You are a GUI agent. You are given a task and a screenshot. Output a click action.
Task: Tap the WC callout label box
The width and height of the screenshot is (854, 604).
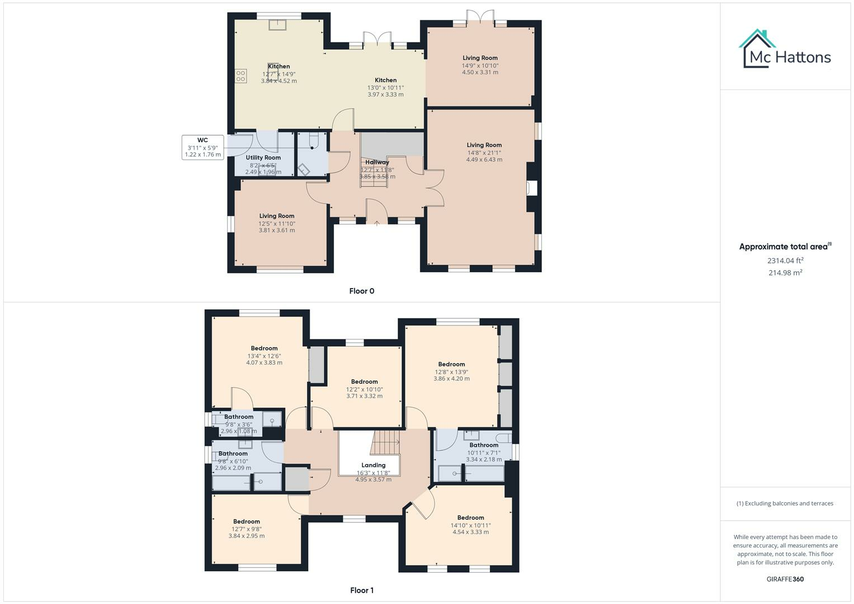[202, 147]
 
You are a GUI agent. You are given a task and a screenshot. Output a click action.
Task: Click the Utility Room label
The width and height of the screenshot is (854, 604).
[263, 158]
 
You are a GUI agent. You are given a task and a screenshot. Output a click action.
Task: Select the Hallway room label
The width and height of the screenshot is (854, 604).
[377, 162]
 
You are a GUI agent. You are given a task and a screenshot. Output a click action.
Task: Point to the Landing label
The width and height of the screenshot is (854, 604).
[373, 465]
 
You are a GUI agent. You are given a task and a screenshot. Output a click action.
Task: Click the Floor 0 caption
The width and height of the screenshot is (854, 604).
[361, 291]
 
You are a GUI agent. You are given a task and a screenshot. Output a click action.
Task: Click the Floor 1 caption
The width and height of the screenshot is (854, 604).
[361, 590]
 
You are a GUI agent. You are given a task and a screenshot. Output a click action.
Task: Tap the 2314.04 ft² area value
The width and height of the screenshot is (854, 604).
[785, 261]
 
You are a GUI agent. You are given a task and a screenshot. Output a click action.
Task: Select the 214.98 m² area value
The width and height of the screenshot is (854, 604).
[785, 273]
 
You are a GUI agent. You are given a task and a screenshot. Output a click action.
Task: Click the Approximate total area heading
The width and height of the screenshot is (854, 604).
[785, 247]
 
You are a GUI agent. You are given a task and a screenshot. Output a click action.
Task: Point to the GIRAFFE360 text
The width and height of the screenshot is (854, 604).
[785, 579]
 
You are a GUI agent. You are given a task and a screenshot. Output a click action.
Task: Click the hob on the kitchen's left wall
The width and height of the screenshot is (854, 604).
[241, 76]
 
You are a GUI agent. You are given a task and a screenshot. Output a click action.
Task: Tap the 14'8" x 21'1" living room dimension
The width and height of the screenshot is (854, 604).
[484, 152]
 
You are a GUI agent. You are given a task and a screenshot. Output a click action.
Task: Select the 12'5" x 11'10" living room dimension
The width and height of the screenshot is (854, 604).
[277, 223]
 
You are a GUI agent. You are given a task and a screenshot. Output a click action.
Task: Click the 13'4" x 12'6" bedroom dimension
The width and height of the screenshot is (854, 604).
[264, 356]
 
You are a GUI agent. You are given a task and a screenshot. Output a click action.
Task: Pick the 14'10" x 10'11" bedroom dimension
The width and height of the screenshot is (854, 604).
[470, 525]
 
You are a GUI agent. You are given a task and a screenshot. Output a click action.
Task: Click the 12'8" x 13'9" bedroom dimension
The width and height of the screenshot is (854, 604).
[451, 371]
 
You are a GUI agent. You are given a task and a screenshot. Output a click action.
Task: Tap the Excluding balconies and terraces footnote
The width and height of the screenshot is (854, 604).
[785, 503]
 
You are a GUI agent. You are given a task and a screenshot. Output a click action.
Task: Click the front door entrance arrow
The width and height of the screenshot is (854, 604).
[377, 223]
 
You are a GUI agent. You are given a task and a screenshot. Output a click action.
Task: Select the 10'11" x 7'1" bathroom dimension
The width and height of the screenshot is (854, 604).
[484, 452]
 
